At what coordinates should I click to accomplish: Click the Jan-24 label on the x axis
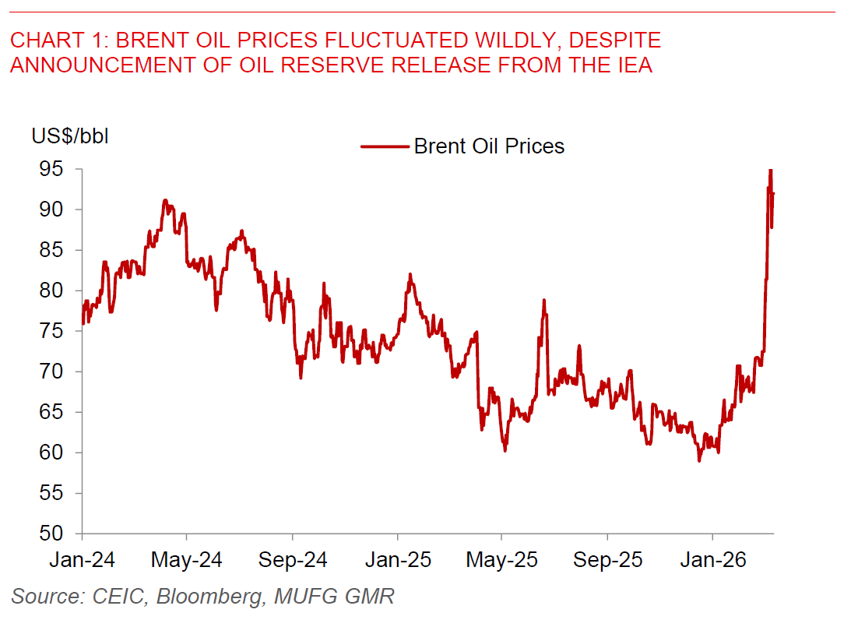click(x=82, y=560)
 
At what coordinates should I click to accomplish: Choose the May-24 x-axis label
click(x=187, y=560)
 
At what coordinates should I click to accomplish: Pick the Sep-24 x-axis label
click(x=293, y=560)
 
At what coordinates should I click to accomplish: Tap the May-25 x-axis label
click(x=502, y=560)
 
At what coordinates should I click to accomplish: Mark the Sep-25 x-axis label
click(x=607, y=560)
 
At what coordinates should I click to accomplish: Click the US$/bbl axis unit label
click(x=70, y=136)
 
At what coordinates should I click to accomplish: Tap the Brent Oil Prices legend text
click(x=489, y=146)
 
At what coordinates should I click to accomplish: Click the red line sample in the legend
click(x=385, y=146)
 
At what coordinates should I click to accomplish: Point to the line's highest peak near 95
click(x=770, y=170)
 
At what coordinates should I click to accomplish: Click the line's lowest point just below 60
click(x=699, y=460)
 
